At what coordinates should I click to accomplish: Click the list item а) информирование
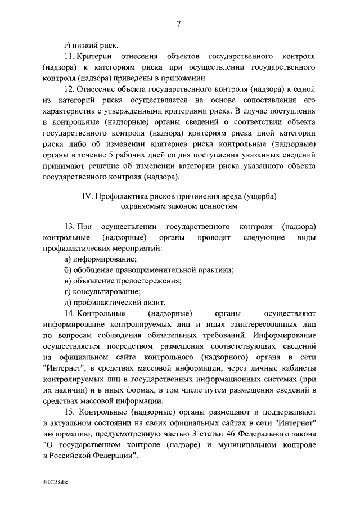click(100, 259)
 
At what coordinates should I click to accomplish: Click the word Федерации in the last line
click(113, 456)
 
